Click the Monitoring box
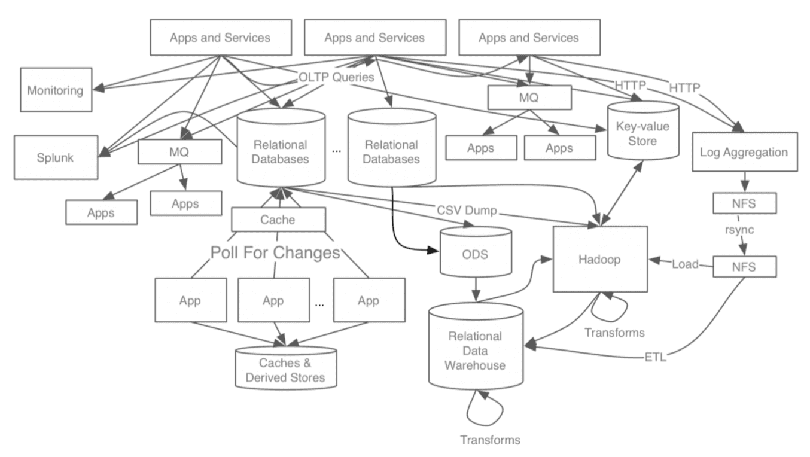click(56, 90)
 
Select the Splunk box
click(56, 157)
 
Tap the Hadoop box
click(600, 259)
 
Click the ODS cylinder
click(476, 252)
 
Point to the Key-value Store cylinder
click(643, 130)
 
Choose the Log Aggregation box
click(745, 152)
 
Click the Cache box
click(278, 220)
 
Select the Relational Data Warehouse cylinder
click(476, 346)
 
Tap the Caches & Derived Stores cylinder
click(286, 368)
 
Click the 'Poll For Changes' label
click(275, 252)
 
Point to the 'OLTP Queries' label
click(336, 77)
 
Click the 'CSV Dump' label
click(467, 210)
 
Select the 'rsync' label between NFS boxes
click(739, 230)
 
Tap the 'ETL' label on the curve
click(655, 357)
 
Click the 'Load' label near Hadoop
click(685, 264)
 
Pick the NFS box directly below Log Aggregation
click(745, 203)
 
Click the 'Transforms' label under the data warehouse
click(491, 440)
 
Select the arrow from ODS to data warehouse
click(476, 290)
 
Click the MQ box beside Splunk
click(179, 152)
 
